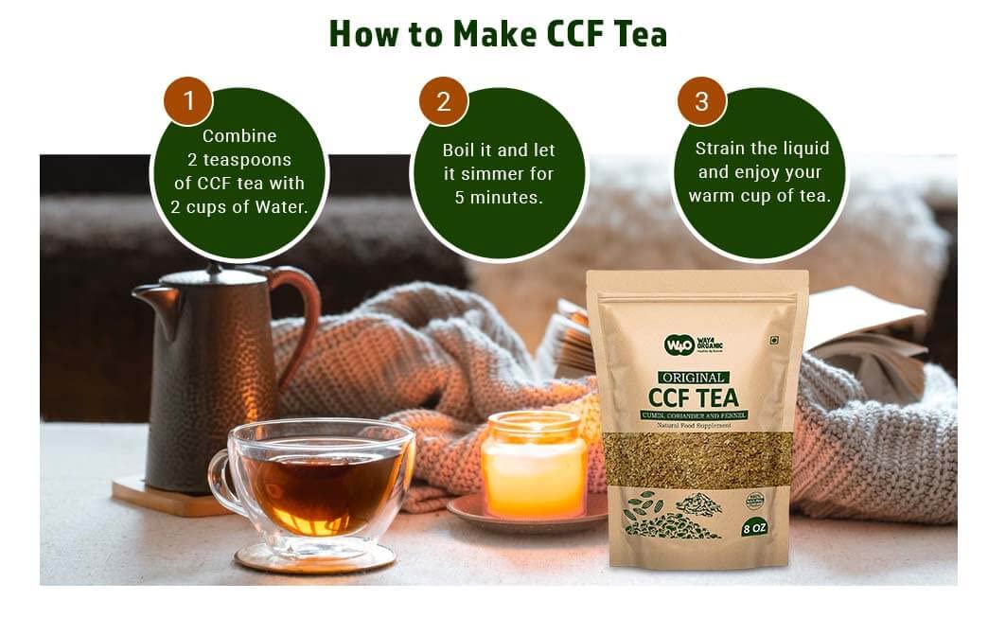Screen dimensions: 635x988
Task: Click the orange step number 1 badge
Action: click(x=187, y=101)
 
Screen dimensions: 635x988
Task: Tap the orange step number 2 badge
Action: click(x=443, y=101)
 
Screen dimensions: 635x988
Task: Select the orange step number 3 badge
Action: click(x=701, y=101)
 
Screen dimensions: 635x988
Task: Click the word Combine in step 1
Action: click(x=239, y=136)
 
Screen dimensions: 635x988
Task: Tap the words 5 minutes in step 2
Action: click(x=499, y=198)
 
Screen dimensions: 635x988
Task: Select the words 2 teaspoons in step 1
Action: click(x=239, y=160)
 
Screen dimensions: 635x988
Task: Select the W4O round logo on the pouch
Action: click(x=679, y=345)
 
